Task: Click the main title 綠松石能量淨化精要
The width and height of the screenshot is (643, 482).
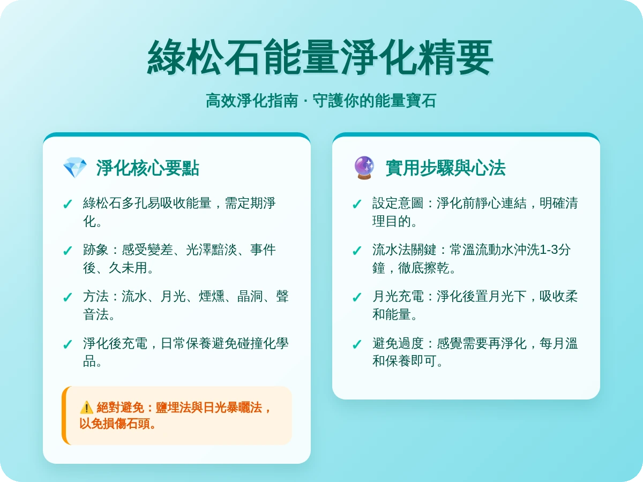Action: coord(320,58)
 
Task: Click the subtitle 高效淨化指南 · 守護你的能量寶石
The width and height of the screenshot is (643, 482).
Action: coord(321,101)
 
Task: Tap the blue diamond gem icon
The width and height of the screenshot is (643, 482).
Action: coord(74,168)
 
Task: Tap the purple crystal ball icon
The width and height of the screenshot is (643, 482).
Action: coord(364,168)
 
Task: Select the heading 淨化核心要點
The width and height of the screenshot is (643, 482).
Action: coord(147,168)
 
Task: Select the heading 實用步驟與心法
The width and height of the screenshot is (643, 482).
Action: coord(445,168)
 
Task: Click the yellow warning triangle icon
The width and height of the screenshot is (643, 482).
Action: coord(86,408)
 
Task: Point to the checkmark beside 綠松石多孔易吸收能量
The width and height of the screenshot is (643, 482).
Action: coord(68,205)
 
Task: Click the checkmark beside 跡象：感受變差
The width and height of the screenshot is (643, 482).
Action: coord(68,251)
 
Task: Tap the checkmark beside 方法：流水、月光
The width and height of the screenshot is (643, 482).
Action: coord(68,298)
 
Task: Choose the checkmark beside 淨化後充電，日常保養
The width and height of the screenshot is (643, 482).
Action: coord(68,345)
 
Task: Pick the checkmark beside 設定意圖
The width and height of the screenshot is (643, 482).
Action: coord(357,205)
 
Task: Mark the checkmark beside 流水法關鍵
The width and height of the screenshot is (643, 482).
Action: coord(357,251)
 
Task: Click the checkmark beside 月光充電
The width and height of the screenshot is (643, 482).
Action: coord(357,298)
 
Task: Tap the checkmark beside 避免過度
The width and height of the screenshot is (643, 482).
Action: coord(357,345)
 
